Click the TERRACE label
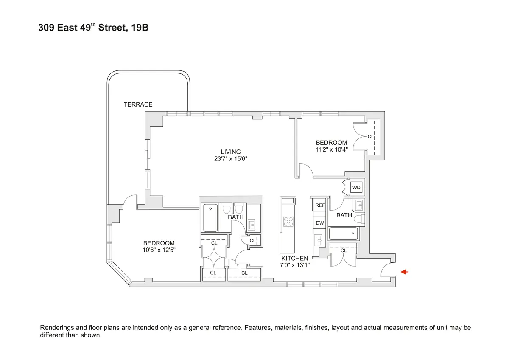pos(138,104)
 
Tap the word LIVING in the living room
pos(230,152)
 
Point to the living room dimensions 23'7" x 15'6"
pos(230,159)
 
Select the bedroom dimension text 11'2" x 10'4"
pos(331,149)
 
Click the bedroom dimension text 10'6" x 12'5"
pos(159,250)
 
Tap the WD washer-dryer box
pos(356,187)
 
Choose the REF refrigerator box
pos(319,205)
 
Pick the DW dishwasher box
pos(319,223)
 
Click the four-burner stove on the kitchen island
pos(288,222)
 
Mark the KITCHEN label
pos(295,258)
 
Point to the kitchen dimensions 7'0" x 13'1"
pos(295,265)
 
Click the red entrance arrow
pos(405,272)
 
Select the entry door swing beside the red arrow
pos(387,270)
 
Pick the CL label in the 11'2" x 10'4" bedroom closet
pos(370,137)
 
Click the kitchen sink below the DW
pos(319,240)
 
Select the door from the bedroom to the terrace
pos(130,202)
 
